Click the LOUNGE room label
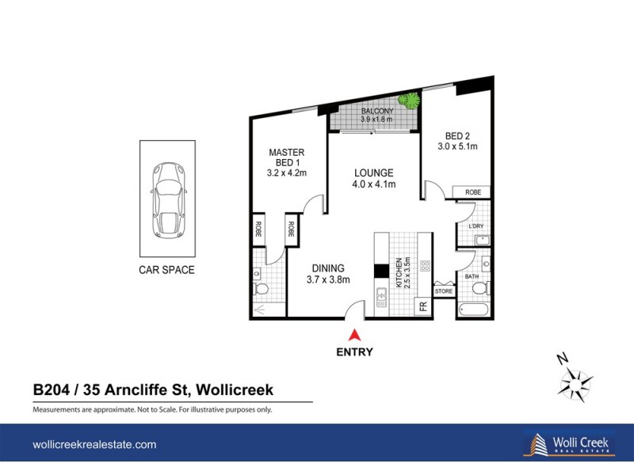point(374,179)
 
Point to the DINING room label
point(327,274)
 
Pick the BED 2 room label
point(457,141)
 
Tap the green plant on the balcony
point(409,101)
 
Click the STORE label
point(444,291)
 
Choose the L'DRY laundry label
point(476,226)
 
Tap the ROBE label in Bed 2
point(472,192)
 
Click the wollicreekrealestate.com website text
point(94,445)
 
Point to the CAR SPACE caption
point(166,270)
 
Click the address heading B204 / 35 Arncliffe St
point(153,389)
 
